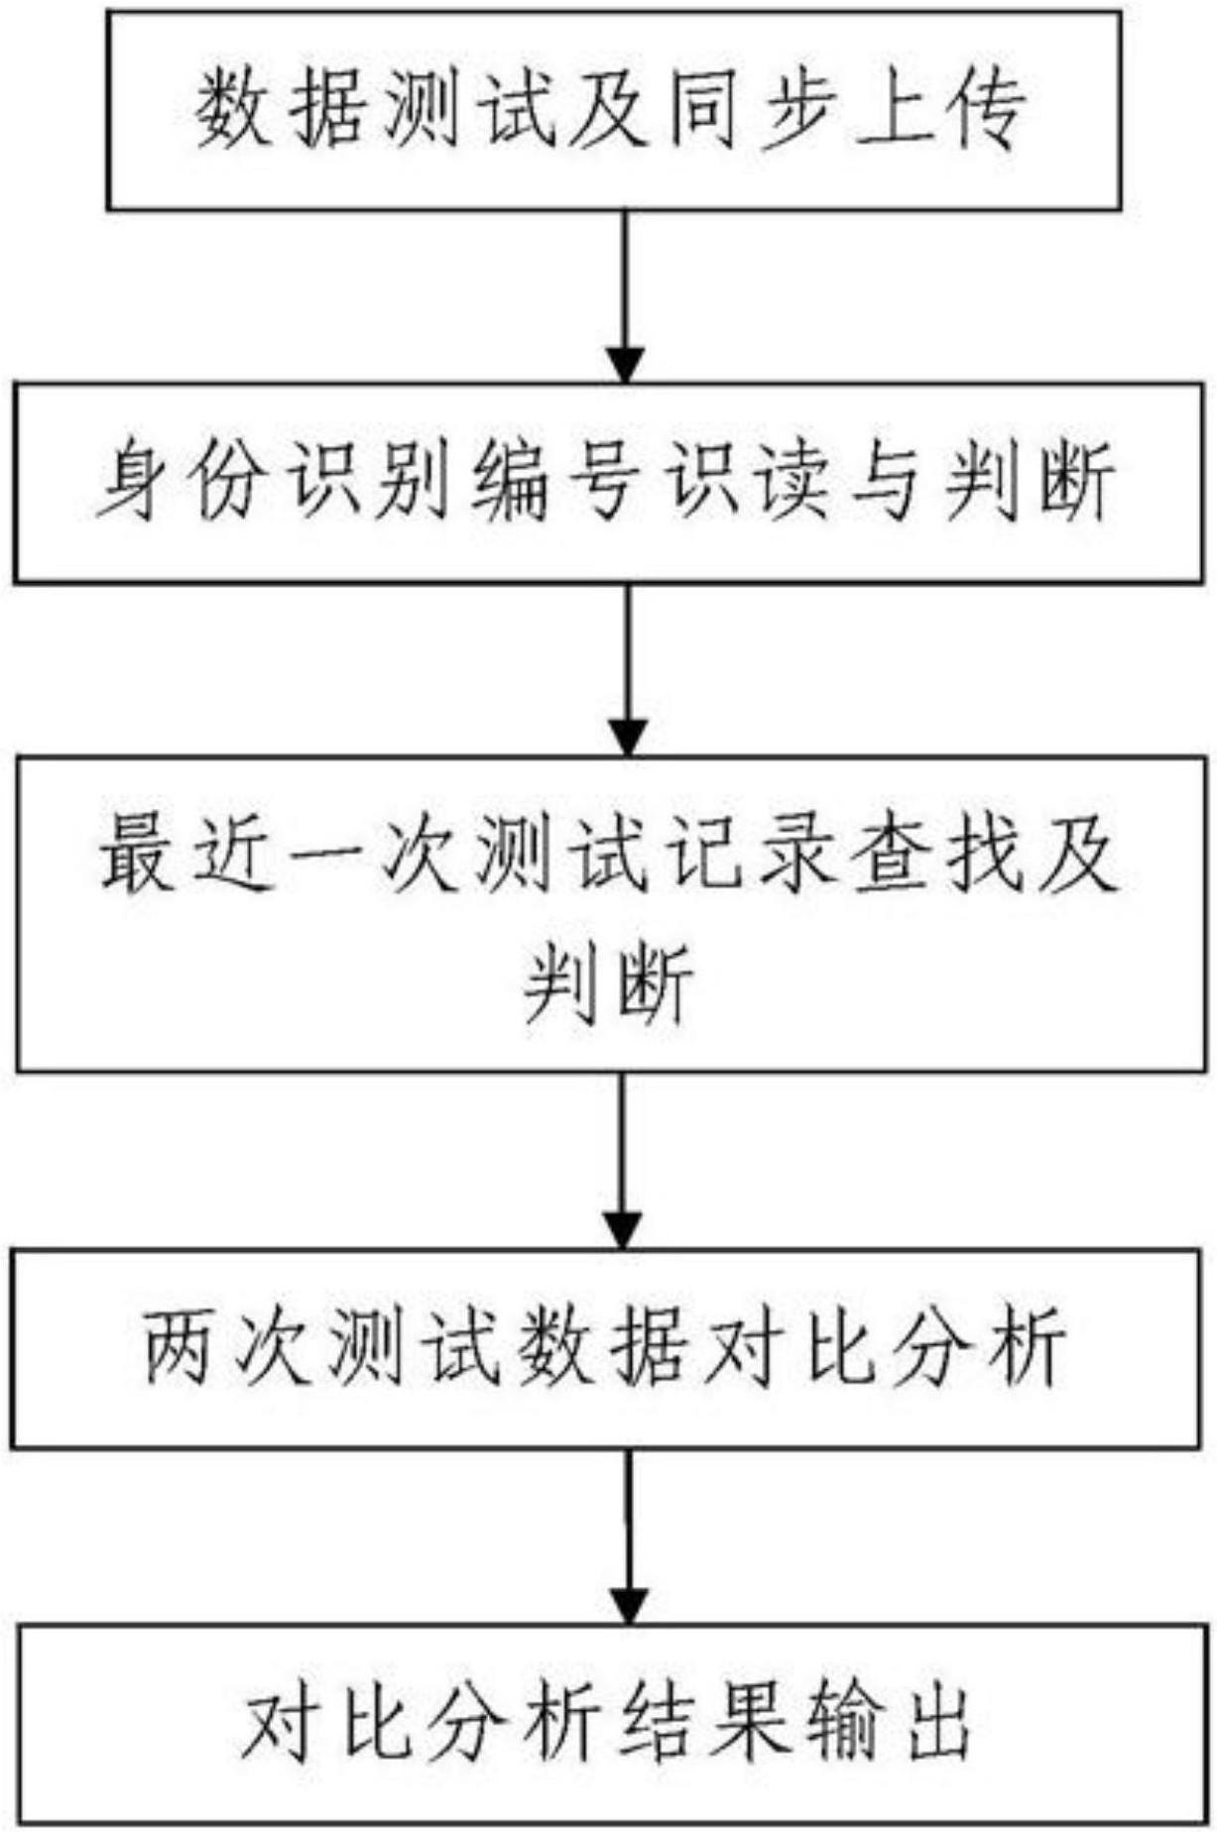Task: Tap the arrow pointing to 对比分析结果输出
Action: (x=627, y=1537)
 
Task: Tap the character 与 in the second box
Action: (x=885, y=482)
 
